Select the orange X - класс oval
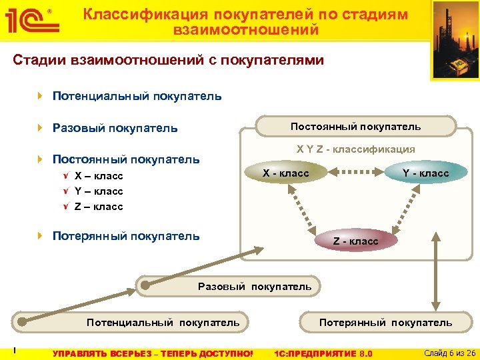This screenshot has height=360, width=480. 286,173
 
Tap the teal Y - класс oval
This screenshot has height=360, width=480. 425,173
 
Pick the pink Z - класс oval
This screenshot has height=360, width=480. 355,241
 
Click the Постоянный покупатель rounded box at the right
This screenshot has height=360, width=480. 355,126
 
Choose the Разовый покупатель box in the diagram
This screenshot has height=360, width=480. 255,287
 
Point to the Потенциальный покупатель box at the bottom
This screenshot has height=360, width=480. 163,323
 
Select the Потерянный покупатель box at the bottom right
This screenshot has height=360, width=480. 385,323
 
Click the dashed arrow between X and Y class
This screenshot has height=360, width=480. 355,173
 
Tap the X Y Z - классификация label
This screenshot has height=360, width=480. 355,149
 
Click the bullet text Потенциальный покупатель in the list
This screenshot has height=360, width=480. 137,96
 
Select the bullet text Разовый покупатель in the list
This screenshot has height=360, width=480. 115,128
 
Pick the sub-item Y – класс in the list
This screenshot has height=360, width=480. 99,191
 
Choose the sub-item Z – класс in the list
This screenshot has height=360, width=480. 99,207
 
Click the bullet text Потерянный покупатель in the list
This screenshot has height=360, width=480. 125,236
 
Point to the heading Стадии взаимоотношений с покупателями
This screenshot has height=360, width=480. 169,60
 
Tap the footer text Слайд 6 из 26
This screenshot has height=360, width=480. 449,353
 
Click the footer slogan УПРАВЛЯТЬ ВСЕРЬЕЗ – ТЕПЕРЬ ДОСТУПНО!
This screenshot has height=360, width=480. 153,353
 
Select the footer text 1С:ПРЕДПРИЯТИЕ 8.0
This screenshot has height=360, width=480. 323,353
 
